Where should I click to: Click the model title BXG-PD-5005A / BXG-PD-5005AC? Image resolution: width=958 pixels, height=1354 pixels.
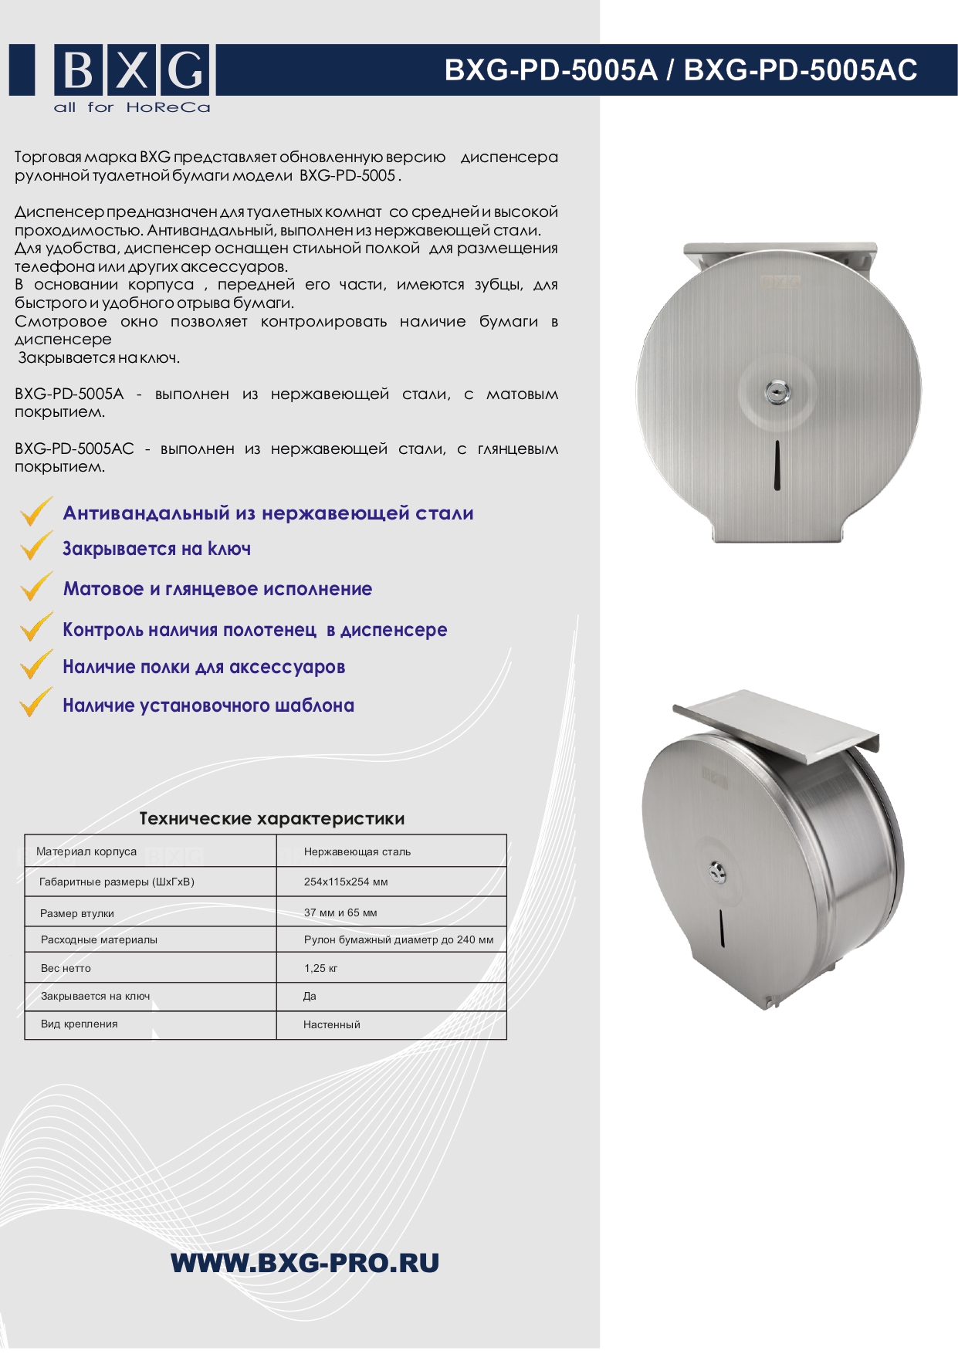pos(681,70)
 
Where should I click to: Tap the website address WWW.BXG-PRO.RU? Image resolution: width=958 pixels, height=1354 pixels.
pos(305,1263)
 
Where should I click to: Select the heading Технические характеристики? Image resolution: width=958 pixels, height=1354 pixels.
pos(272,818)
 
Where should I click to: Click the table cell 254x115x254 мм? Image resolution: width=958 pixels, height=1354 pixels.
pos(346,882)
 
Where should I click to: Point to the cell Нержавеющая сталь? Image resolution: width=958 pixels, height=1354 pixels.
pos(357,851)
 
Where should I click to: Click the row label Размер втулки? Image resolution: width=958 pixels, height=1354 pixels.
pos(77,913)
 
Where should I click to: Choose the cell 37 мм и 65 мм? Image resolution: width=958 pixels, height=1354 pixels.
pos(340,912)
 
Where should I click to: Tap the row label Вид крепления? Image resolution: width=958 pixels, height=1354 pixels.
pos(80,1024)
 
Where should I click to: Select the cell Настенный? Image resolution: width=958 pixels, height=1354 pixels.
pos(332,1024)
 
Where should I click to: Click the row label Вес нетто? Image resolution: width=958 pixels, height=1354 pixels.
pos(66,968)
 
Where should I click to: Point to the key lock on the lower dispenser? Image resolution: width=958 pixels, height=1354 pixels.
pos(717,872)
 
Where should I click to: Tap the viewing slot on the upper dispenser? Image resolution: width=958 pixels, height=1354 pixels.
pos(777,466)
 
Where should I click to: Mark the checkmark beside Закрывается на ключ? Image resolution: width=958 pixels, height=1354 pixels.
pos(36,546)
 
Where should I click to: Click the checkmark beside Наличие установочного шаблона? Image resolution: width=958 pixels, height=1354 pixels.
pos(36,702)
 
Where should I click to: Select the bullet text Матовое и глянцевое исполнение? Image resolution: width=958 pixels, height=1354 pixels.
pos(218,589)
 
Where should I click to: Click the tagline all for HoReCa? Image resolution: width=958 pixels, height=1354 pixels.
pos(132,107)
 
